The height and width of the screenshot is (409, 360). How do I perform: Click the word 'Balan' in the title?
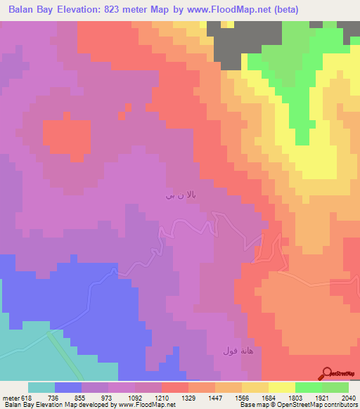(x=23, y=10)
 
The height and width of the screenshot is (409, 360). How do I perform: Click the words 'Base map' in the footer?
(x=250, y=405)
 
